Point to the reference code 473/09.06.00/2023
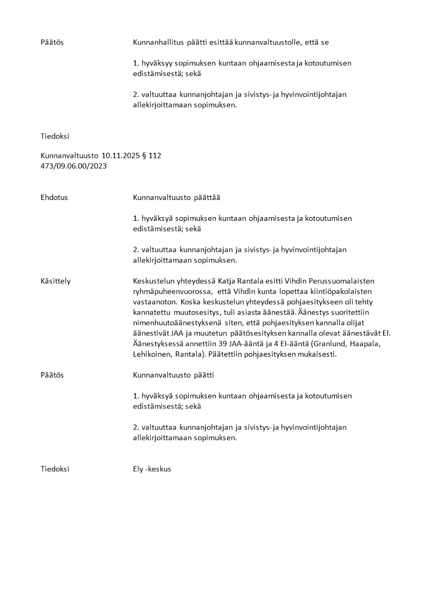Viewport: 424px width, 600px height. click(x=74, y=166)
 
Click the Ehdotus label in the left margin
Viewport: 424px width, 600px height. click(x=54, y=197)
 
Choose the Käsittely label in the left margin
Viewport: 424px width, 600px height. click(x=56, y=281)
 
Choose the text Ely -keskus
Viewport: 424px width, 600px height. click(x=152, y=469)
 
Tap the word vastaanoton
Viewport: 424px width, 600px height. click(x=155, y=302)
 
